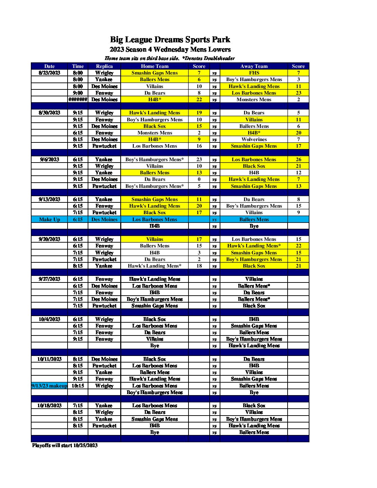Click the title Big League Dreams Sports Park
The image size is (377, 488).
click(x=170, y=40)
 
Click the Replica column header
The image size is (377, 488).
click(x=104, y=66)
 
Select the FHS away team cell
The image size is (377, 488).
click(x=254, y=73)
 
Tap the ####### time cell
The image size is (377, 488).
click(x=78, y=99)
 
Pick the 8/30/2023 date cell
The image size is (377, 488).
click(x=49, y=113)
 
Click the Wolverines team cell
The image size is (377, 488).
click(x=254, y=139)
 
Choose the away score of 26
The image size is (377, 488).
click(x=298, y=159)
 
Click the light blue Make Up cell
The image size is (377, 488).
click(x=49, y=219)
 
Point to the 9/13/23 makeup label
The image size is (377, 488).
click(x=49, y=386)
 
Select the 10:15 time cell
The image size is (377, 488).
click(x=78, y=386)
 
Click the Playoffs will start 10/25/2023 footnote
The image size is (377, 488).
click(x=65, y=445)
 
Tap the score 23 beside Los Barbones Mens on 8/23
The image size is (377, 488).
click(x=298, y=93)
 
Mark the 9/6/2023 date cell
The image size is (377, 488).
click(x=49, y=159)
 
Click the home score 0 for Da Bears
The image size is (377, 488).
click(x=199, y=179)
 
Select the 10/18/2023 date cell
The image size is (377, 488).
click(x=49, y=406)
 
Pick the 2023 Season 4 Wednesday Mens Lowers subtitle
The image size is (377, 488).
click(x=170, y=50)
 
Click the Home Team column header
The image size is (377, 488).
click(x=155, y=66)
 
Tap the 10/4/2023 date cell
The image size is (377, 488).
click(x=49, y=319)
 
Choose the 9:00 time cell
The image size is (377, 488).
click(x=78, y=93)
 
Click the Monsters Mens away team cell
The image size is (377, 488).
click(x=254, y=99)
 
